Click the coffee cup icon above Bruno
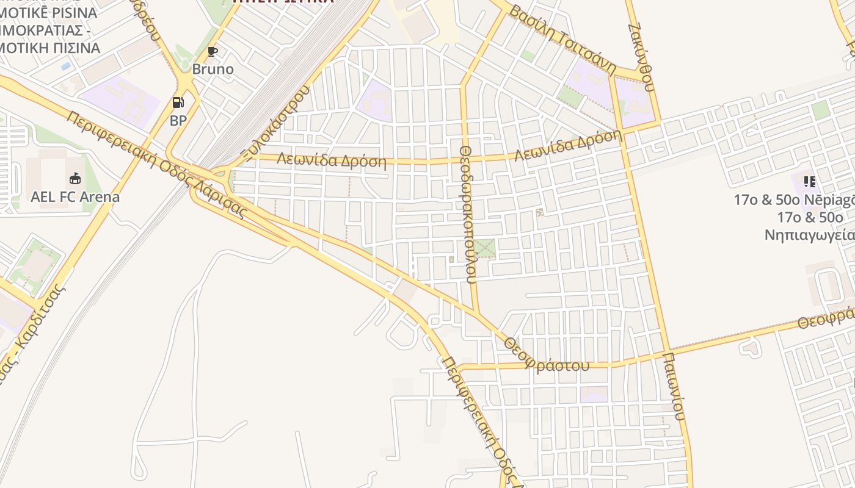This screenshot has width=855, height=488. pos(212,51)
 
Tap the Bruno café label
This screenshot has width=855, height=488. pos(213,69)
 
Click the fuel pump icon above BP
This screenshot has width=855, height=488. pos(178,102)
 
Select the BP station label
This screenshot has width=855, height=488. pos(178,120)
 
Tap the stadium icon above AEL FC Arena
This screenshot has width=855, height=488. pos(75,178)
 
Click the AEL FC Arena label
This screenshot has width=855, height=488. pos(75,197)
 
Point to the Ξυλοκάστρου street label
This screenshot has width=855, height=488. pos(275,122)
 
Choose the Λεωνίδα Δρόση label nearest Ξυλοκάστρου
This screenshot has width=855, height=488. pos(332,160)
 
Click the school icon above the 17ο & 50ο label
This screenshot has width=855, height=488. pos(809,181)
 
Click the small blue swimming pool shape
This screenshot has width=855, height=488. pos(65,65)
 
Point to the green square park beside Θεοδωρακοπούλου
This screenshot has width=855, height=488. pos(484,248)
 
